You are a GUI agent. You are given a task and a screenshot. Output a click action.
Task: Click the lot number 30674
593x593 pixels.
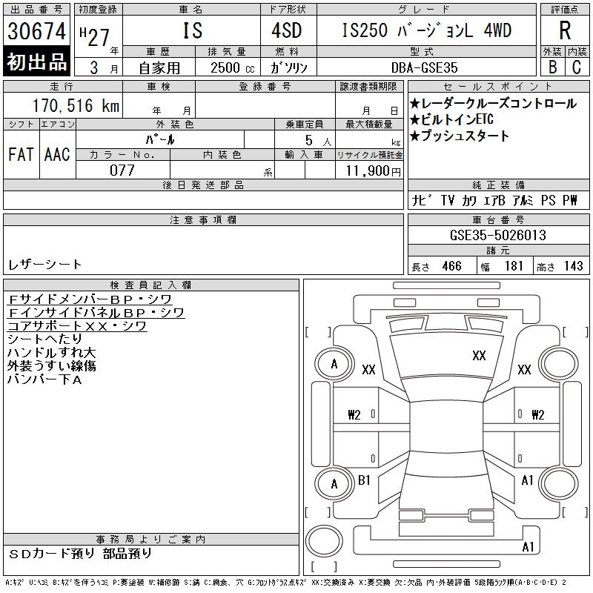pyautogui.click(x=36, y=31)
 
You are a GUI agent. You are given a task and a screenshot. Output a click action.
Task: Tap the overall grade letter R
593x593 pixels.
pyautogui.click(x=565, y=30)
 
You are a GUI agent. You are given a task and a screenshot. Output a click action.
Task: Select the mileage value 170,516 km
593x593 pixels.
pyautogui.click(x=76, y=105)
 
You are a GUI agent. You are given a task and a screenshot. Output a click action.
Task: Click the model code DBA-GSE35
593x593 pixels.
pyautogui.click(x=424, y=67)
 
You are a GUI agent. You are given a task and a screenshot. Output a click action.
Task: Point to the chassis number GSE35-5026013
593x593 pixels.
pyautogui.click(x=497, y=235)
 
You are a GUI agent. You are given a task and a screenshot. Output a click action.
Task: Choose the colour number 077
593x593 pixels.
pyautogui.click(x=122, y=170)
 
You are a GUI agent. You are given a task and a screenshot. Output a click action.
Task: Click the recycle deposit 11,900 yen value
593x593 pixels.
pyautogui.click(x=373, y=171)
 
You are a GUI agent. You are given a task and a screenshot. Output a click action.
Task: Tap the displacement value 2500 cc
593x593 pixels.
pyautogui.click(x=232, y=67)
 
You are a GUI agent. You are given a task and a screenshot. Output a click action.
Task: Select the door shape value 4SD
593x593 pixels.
pyautogui.click(x=287, y=30)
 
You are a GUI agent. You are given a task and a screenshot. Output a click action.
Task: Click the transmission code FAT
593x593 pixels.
pyautogui.click(x=21, y=155)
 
